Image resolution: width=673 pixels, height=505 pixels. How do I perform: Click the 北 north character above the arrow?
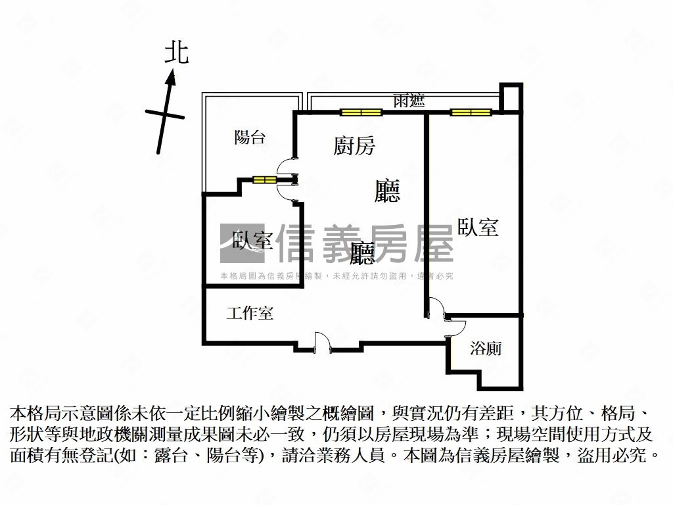point(176,53)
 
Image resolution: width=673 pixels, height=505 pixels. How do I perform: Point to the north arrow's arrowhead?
point(172,78)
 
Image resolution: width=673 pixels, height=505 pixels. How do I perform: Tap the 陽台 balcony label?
point(250,137)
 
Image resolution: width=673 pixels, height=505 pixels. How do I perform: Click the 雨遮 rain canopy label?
point(409,101)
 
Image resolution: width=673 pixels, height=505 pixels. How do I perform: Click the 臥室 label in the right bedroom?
point(478,228)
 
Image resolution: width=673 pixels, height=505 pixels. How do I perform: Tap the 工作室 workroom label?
point(250,313)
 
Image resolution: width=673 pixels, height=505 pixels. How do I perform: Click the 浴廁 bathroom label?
point(486,348)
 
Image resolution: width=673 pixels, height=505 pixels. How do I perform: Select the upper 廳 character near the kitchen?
point(387,191)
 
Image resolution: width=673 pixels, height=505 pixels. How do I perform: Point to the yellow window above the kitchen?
point(361,112)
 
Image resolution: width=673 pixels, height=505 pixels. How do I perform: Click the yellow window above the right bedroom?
point(471,112)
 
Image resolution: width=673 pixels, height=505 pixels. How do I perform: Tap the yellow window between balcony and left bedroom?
point(266,180)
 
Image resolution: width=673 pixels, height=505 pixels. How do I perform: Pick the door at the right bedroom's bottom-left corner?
point(436,308)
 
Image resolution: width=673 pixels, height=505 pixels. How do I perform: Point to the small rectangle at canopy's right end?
point(511,98)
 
